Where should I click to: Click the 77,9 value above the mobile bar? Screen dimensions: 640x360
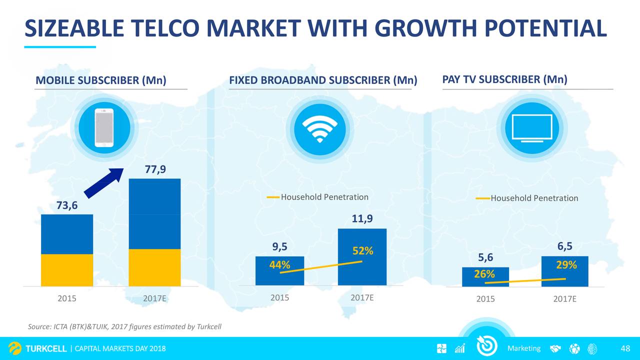coord(155,169)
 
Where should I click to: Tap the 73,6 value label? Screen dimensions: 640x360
coord(67,205)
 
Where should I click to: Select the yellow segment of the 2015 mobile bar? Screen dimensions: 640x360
coord(67,270)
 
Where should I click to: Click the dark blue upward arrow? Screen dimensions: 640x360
coord(104,183)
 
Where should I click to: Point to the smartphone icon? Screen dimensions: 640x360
coord(104,127)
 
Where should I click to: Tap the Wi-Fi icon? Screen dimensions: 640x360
coord(319,130)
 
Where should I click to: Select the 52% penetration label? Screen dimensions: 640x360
coord(362,251)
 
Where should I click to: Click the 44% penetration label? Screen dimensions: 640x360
coord(279,265)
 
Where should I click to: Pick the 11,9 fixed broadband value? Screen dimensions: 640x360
coord(362,218)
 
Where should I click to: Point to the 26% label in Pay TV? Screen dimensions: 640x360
coord(484,274)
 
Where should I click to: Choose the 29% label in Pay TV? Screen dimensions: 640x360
coord(566,265)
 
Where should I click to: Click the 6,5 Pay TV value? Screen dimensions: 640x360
coord(565,246)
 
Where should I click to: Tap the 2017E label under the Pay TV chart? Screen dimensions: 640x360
coord(564,299)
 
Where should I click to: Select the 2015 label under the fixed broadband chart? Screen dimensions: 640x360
coord(279,297)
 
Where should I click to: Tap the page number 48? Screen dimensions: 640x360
coord(625,348)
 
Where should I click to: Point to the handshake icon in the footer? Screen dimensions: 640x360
coord(555,348)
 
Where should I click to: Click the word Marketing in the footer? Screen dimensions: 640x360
coord(524,348)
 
